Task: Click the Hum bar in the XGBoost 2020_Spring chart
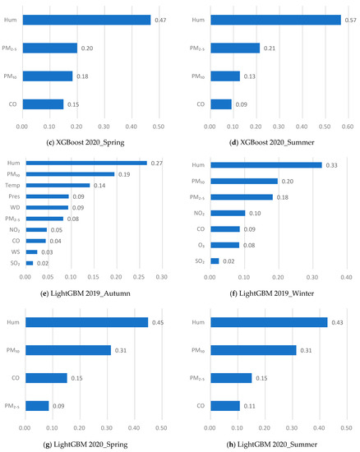coord(86,20)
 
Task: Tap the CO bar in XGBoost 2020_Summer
coord(221,104)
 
